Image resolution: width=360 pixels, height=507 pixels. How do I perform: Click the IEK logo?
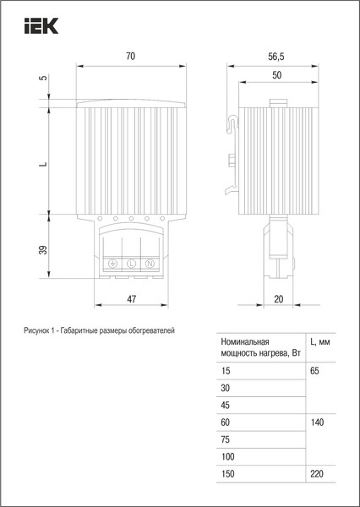[41, 26]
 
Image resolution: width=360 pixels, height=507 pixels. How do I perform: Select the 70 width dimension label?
[130, 57]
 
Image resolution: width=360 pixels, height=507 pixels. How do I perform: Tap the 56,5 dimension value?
[275, 57]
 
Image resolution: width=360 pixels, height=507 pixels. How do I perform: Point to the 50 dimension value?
[277, 75]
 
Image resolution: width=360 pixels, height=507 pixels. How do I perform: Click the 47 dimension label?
[131, 299]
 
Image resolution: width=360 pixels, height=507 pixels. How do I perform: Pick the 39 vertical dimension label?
[43, 249]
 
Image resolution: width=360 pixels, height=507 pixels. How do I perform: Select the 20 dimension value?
[279, 299]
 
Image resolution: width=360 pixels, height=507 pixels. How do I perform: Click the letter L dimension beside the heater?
[44, 164]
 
